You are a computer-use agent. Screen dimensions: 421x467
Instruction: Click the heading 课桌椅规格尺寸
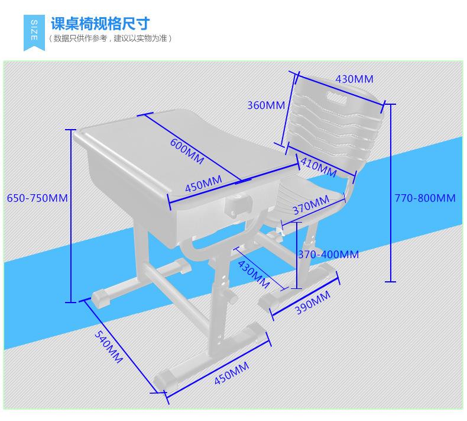tap(100, 24)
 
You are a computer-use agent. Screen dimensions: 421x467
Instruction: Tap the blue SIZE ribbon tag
tap(34, 30)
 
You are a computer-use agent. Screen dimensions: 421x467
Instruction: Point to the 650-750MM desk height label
tap(37, 198)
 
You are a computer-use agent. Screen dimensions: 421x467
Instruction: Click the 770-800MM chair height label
tap(425, 198)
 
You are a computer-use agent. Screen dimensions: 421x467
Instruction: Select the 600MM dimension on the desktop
tap(187, 152)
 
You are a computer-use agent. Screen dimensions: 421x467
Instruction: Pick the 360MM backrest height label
tap(266, 105)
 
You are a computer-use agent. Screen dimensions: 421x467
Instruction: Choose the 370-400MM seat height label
tap(328, 255)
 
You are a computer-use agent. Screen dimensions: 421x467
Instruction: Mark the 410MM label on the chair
tap(318, 166)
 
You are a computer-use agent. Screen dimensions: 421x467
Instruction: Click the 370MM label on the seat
tap(310, 204)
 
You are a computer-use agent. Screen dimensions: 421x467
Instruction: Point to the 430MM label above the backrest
tap(354, 79)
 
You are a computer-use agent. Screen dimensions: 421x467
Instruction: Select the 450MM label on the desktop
tap(204, 184)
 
